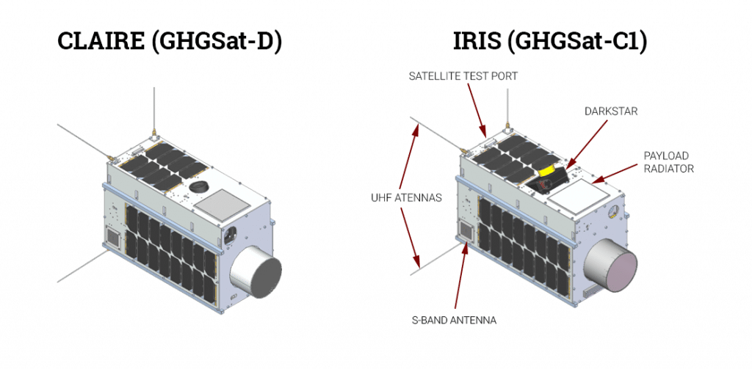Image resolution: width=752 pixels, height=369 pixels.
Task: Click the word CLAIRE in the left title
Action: click(101, 41)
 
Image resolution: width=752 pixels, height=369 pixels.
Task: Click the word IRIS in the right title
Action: click(476, 41)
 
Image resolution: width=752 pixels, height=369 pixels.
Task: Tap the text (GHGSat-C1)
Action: click(577, 42)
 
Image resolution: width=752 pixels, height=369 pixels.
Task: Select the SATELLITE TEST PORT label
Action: click(463, 76)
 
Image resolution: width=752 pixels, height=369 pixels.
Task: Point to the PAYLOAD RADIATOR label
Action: click(667, 162)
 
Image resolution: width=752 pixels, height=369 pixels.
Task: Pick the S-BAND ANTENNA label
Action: click(453, 320)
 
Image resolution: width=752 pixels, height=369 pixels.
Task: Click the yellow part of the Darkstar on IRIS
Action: click(550, 170)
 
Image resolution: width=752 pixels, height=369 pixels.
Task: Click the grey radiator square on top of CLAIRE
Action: click(223, 204)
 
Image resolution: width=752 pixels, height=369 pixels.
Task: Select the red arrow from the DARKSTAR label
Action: click(585, 143)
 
